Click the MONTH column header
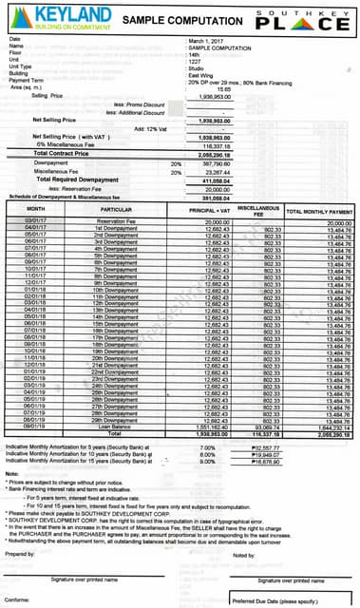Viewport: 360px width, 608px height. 36,208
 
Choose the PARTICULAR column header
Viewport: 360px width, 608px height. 115,208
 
